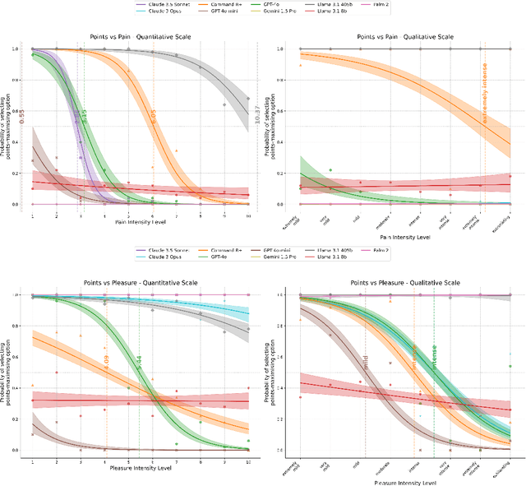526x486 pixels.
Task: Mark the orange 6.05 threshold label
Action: (x=153, y=117)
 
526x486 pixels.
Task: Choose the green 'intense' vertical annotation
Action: (x=435, y=359)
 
